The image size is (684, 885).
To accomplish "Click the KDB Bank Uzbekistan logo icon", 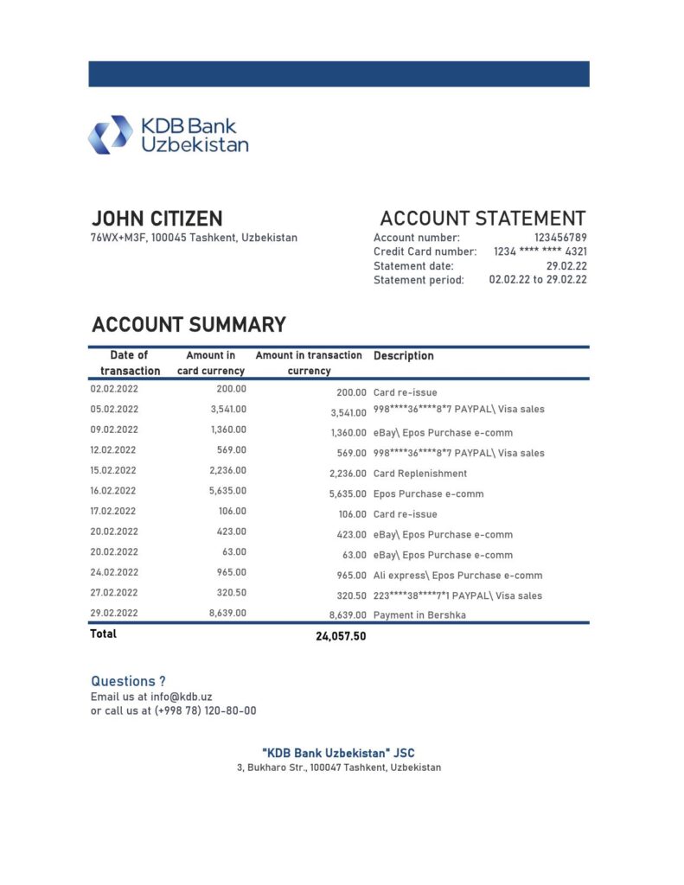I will (110, 135).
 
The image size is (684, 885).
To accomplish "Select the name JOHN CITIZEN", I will (157, 219).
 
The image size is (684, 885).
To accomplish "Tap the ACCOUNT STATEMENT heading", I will (483, 219).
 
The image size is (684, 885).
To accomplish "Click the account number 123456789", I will (560, 238).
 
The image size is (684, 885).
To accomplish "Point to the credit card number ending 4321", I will (540, 251).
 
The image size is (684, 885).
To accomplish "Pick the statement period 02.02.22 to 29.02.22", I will (538, 280).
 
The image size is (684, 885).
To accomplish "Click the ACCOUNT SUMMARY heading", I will (189, 325).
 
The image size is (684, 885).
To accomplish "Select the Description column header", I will (404, 356).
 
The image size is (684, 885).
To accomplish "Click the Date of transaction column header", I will (129, 363).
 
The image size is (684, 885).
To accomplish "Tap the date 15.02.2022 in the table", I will (113, 471).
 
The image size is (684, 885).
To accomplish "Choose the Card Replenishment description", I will (420, 474).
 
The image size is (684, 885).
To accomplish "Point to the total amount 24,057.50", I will (341, 636).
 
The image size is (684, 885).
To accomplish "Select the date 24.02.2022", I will (113, 572).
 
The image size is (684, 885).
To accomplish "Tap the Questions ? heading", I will (128, 681).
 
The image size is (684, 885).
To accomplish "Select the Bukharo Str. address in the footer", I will (339, 767).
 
